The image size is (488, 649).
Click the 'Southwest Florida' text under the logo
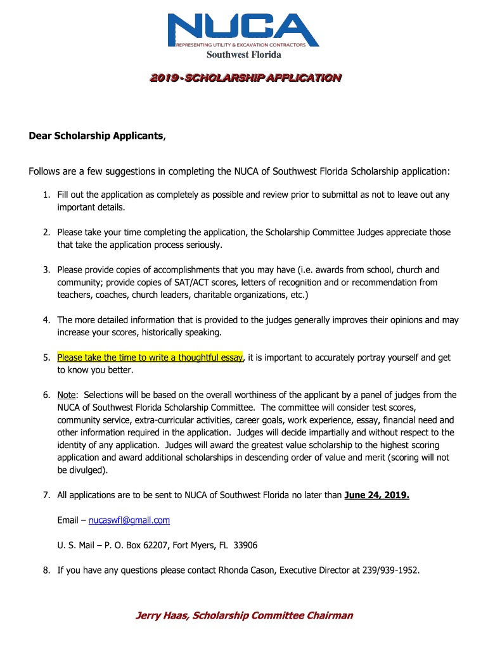click(x=243, y=55)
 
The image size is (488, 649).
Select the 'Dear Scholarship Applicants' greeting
click(x=96, y=136)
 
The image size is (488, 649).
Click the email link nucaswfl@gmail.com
click(x=129, y=520)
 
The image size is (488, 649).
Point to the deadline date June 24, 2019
click(x=376, y=495)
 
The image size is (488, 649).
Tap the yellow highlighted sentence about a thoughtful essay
click(x=150, y=357)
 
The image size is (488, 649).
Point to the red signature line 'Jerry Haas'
click(x=161, y=615)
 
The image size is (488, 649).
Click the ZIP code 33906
click(x=245, y=545)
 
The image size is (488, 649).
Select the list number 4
click(x=46, y=320)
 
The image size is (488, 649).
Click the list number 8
click(x=46, y=570)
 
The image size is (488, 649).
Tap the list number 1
click(x=46, y=195)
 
